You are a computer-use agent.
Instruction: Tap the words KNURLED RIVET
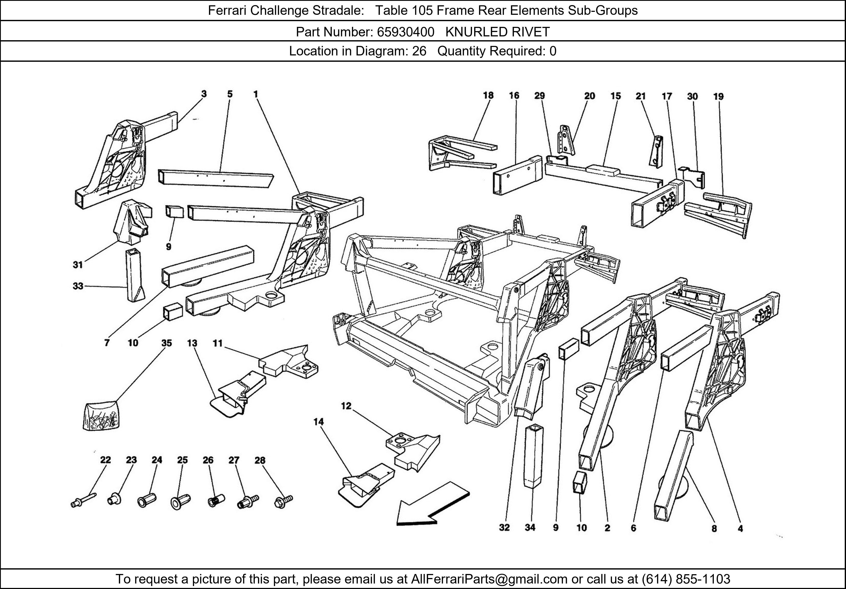point(497,32)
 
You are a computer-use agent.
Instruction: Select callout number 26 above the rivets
point(208,460)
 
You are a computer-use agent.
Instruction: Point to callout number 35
point(166,343)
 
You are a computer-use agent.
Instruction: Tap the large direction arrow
point(431,504)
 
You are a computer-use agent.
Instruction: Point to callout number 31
point(78,265)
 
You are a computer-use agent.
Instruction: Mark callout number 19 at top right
point(718,96)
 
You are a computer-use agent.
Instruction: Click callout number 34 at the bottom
point(530,528)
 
